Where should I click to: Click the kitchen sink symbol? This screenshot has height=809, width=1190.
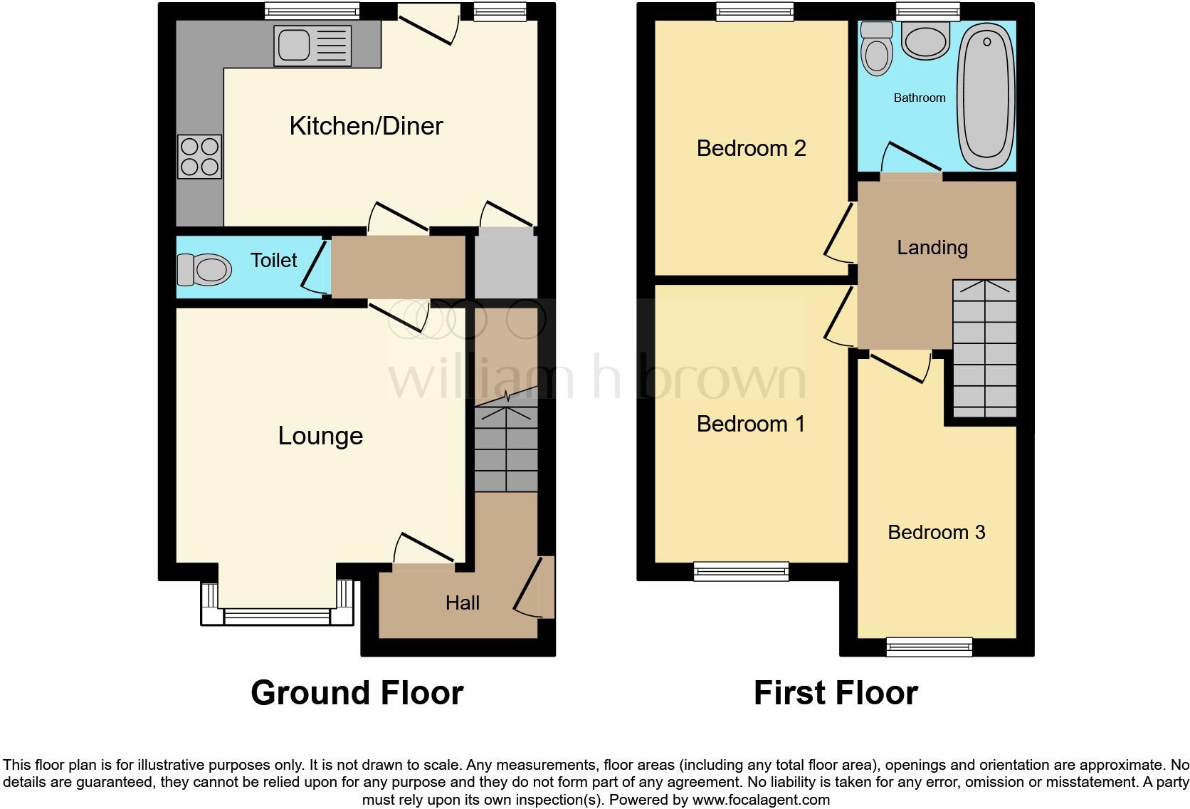coord(314,46)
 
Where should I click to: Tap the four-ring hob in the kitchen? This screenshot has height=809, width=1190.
coord(200,157)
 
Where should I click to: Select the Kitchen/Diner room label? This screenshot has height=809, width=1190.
coord(366,126)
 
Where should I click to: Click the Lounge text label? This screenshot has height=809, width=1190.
coord(320,436)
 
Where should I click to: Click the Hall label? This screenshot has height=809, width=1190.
coord(463,603)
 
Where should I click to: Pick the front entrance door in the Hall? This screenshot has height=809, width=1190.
coord(532,588)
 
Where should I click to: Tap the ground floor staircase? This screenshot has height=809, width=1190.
coord(506,449)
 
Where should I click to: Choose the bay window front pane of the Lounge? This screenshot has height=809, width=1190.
coord(277,617)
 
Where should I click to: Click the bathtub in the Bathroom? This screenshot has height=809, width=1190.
coord(986,93)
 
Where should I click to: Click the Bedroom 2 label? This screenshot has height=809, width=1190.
coord(751,148)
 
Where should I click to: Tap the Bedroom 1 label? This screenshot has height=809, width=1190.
coord(750,424)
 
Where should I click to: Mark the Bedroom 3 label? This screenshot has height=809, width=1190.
coord(936,532)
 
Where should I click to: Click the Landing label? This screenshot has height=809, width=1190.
coord(932,248)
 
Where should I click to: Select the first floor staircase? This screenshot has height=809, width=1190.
coord(984,348)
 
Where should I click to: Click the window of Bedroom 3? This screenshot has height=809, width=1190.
coord(929,646)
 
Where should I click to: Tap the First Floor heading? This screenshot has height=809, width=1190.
coord(836,692)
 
